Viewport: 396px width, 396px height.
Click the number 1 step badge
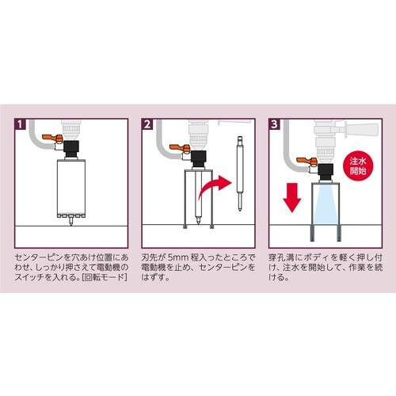[20, 125]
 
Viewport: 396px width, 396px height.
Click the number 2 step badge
[147, 125]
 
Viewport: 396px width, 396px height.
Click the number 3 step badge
[274, 125]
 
